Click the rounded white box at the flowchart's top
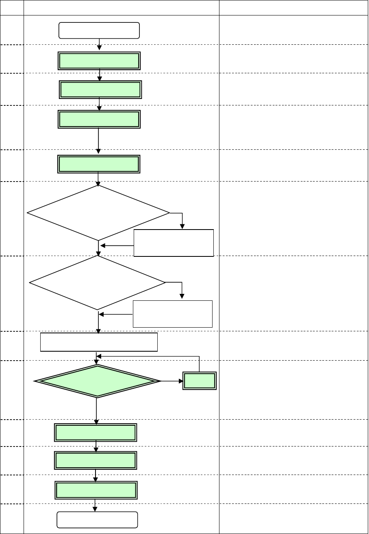pyautogui.click(x=99, y=31)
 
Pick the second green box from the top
pyautogui.click(x=100, y=90)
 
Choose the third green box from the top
pyautogui.click(x=99, y=119)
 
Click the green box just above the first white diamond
pyautogui.click(x=99, y=164)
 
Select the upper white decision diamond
pyautogui.click(x=98, y=212)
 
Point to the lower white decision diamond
pyautogui.click(x=98, y=282)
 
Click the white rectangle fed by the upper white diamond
pyautogui.click(x=174, y=243)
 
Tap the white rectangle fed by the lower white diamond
pyautogui.click(x=173, y=314)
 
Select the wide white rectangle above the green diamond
pyautogui.click(x=99, y=341)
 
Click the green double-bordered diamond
pyautogui.click(x=98, y=381)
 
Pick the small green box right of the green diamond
pyautogui.click(x=199, y=381)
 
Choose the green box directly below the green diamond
pyautogui.click(x=96, y=433)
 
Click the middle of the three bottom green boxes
pyautogui.click(x=96, y=460)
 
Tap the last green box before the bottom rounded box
pyautogui.click(x=96, y=490)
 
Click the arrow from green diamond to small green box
pyautogui.click(x=171, y=381)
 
